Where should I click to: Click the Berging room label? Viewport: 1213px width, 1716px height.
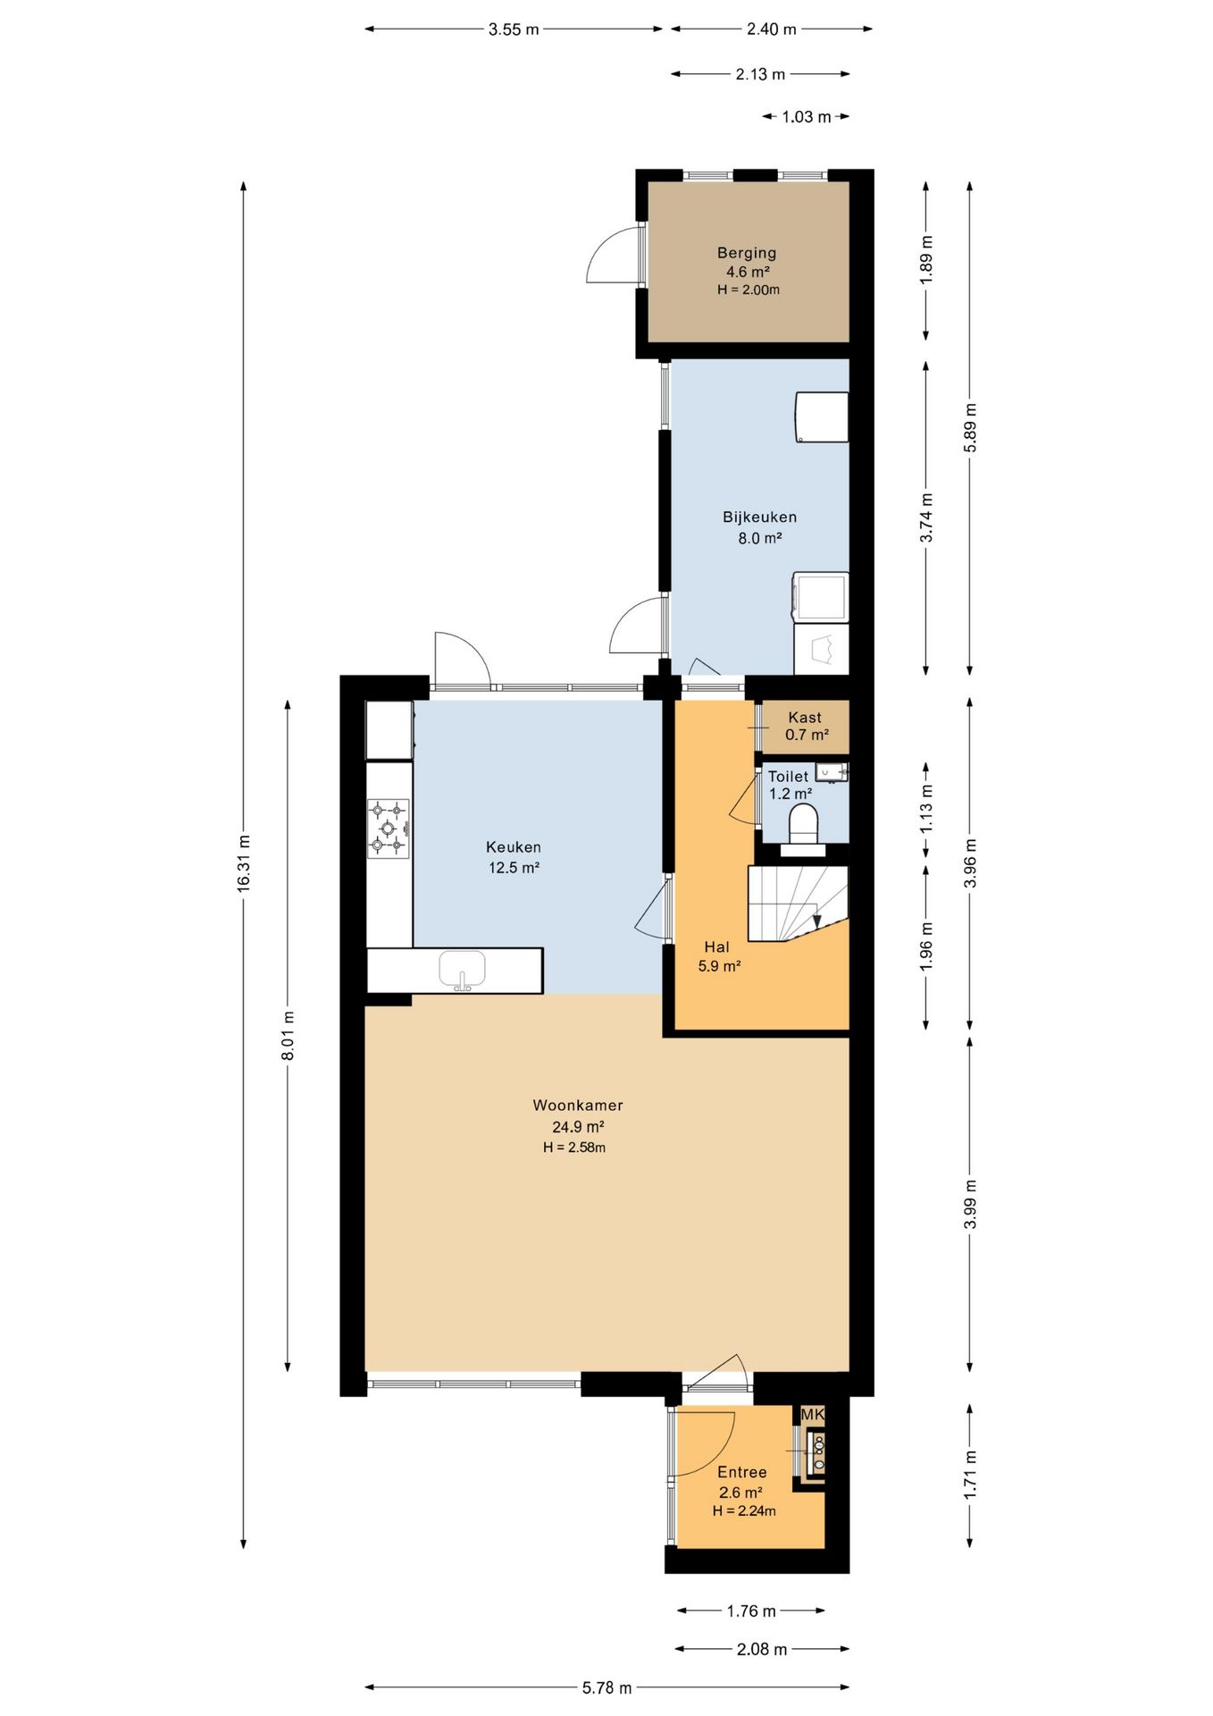click(x=747, y=253)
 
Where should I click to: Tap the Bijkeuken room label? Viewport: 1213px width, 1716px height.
click(x=760, y=517)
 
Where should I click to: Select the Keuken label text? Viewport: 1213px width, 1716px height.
click(x=514, y=846)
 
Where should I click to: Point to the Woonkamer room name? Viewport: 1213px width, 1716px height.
click(x=578, y=1105)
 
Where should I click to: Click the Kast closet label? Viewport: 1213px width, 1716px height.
click(x=805, y=717)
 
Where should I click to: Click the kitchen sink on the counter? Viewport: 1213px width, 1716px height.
click(x=462, y=971)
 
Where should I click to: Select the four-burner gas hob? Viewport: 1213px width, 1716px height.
click(x=389, y=828)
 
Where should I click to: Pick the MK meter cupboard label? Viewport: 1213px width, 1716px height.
click(x=813, y=1414)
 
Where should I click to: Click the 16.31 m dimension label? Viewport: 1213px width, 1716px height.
click(x=243, y=862)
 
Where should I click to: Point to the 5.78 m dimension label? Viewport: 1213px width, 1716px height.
click(x=607, y=1687)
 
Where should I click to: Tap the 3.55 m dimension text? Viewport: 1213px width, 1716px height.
click(x=514, y=29)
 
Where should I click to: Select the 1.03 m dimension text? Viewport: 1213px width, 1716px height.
click(x=807, y=117)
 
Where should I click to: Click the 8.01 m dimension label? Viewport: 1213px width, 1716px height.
click(x=288, y=1036)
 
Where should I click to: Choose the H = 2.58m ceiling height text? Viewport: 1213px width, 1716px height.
click(x=574, y=1148)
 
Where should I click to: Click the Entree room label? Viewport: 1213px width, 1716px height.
click(x=742, y=1472)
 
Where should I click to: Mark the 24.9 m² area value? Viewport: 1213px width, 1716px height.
click(x=578, y=1126)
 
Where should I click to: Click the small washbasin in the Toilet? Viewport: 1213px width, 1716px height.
click(x=832, y=772)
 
